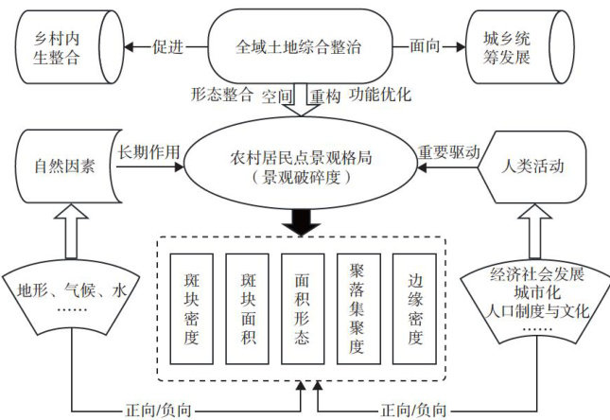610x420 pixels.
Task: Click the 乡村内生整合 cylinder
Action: coord(59,44)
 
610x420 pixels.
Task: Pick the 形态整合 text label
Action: coord(223,96)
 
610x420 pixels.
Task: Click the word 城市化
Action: coord(535,293)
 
